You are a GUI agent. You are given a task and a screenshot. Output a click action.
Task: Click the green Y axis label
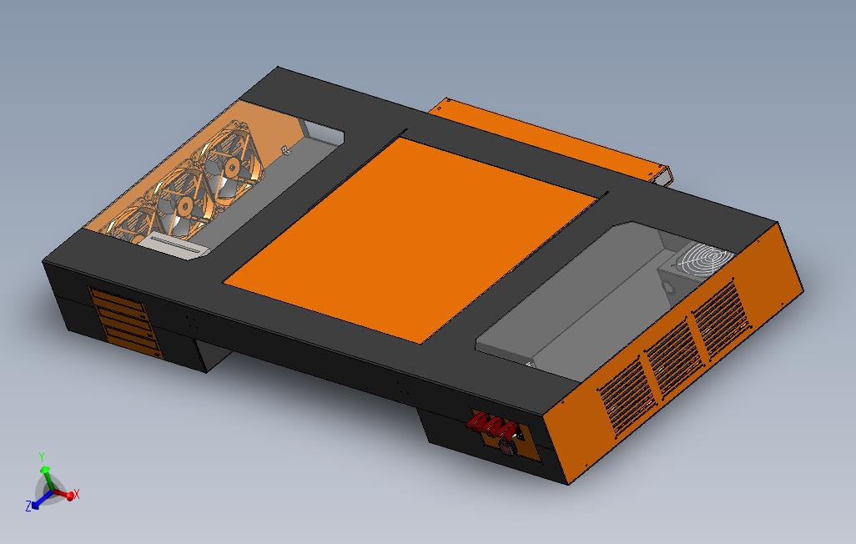tap(42, 457)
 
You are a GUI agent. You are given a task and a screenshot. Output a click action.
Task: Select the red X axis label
tap(77, 495)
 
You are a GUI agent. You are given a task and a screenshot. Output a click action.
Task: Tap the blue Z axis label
tap(28, 506)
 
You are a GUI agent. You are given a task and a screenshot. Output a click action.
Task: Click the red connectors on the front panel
tap(491, 426)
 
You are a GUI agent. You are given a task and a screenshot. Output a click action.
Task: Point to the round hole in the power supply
tap(667, 286)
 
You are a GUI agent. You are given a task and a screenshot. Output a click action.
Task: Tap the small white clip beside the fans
tap(285, 150)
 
